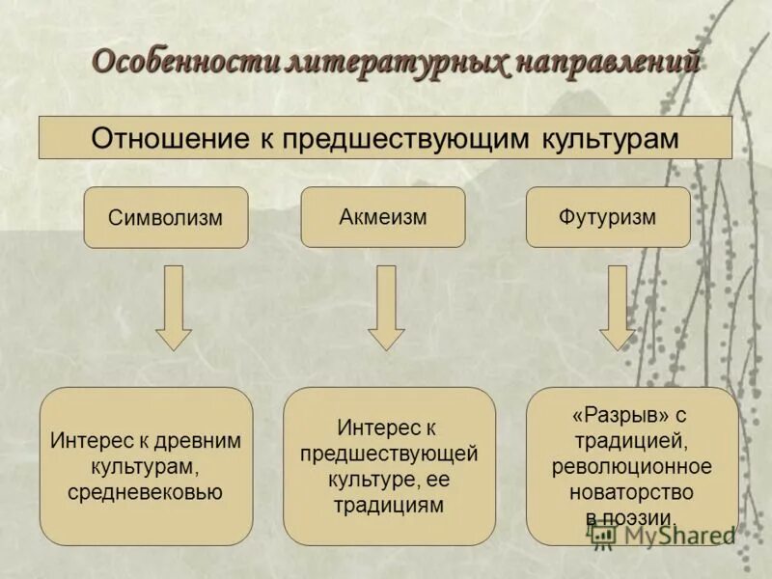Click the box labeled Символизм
coord(166,217)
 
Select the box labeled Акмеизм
coord(383,216)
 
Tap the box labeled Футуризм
coord(607,216)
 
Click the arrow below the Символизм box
coord(174,307)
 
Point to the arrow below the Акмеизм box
coord(386,307)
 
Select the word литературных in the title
coord(397,62)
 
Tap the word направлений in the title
coord(605,62)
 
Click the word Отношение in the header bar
coord(170,137)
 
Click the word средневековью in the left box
coord(146,492)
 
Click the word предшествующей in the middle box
coord(389,453)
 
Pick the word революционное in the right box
coord(632,467)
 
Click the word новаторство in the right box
coord(632,492)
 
